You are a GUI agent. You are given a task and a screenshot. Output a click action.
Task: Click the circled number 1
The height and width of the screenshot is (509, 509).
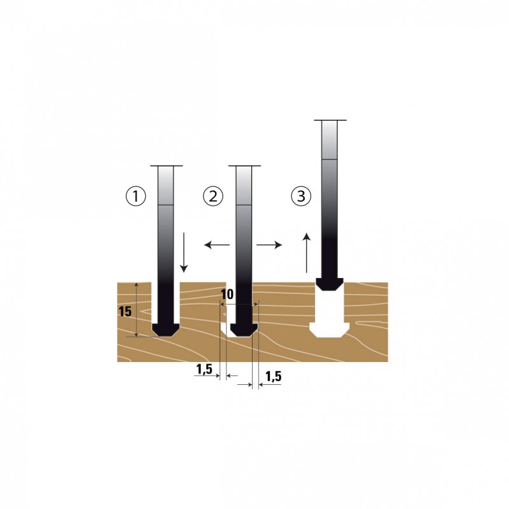coord(136,197)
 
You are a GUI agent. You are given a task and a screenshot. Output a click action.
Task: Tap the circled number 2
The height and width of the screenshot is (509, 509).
coord(213,197)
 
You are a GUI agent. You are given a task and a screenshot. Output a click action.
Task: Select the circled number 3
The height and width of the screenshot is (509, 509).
coord(301,197)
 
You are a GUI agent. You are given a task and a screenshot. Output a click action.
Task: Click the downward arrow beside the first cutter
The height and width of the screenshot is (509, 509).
coord(184,252)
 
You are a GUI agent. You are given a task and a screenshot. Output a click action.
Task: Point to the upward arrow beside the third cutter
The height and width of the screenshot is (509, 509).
coord(307,253)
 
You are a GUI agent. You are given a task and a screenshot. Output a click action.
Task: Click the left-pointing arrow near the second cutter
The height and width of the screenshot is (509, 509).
coord(217,245)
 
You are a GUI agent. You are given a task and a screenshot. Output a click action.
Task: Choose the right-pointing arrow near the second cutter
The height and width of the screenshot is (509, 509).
coord(269,245)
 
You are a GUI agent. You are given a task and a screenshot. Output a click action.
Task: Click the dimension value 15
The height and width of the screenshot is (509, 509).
coord(125,312)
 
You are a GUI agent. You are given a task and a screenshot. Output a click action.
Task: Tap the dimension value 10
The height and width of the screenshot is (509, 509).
coord(227,295)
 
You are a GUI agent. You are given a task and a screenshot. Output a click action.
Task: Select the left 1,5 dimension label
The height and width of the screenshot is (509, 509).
coord(204,369)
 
